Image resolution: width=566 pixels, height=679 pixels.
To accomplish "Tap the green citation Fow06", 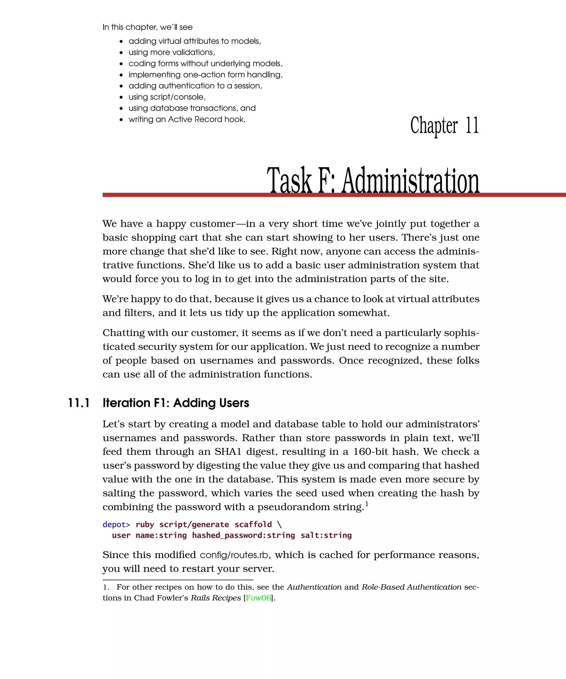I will [258, 598].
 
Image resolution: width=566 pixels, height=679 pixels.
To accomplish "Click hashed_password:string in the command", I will [243, 535].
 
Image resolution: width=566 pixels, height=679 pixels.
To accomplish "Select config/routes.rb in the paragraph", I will [234, 555].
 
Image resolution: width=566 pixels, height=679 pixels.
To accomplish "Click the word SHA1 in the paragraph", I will [228, 452].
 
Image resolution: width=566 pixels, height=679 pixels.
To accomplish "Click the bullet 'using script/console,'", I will [167, 97].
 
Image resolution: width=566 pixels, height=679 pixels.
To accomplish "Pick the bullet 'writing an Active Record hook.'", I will [187, 119].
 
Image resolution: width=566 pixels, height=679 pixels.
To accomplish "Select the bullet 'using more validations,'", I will [172, 52].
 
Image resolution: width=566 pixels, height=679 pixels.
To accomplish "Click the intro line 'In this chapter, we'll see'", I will [148, 27].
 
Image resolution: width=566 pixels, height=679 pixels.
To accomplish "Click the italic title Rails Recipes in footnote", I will [216, 598].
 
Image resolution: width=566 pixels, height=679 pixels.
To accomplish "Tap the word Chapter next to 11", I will [434, 125].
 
